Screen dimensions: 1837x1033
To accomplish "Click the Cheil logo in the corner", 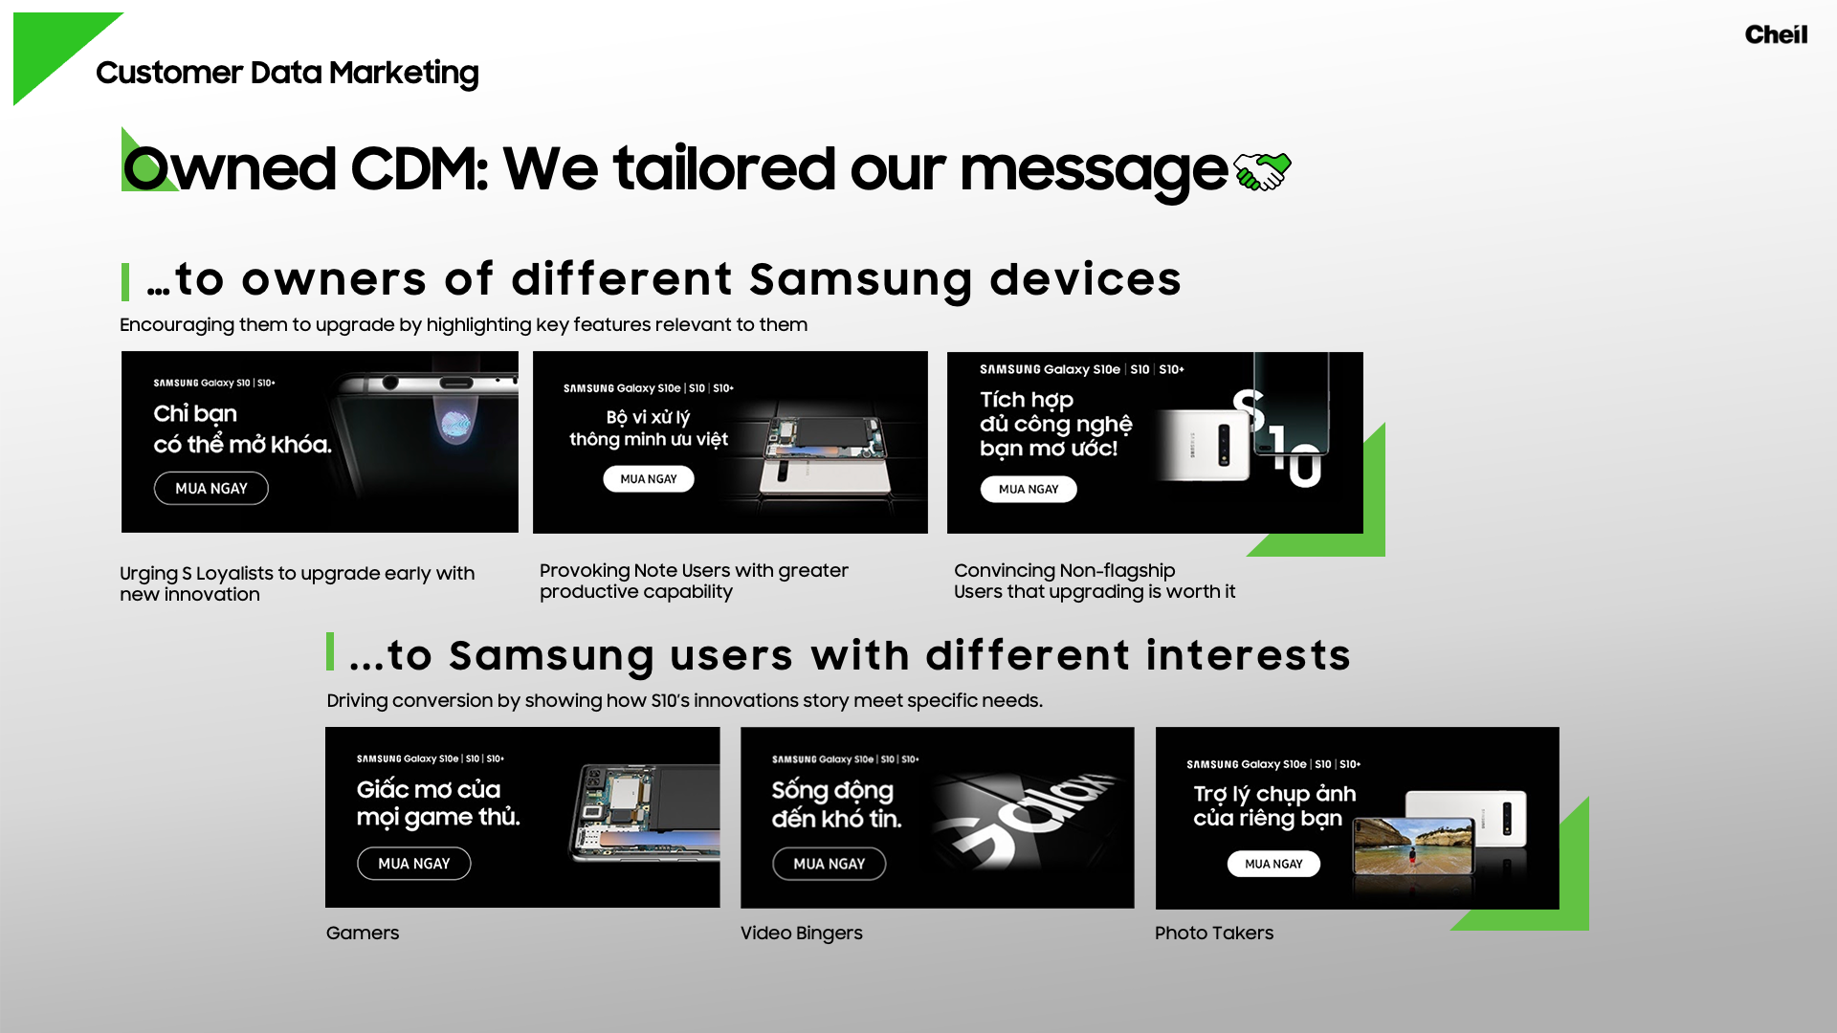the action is pos(1776,34).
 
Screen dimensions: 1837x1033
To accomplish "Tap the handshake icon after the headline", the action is pos(1262,171).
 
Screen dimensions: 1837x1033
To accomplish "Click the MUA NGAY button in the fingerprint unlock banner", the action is pos(211,489).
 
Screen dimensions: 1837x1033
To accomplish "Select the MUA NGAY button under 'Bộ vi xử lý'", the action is pos(649,479).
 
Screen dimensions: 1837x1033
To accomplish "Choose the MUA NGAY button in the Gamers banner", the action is pos(414,864).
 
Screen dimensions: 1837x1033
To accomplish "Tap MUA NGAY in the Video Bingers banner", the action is pos(830,864).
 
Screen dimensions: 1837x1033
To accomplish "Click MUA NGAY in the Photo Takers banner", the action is pos(1273,864).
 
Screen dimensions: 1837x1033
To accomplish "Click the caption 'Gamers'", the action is pos(363,934).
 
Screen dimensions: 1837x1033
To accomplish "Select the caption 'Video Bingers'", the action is pos(802,934).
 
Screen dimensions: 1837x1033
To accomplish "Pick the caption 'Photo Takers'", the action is pos(1214,934).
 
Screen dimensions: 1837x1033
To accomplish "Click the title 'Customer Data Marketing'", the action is pos(287,74).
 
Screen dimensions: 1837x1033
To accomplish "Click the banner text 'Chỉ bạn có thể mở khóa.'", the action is pos(243,429).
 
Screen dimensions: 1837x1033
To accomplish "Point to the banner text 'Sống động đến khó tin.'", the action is pos(837,804).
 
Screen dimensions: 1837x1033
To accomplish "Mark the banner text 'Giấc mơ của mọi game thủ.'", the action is pos(438,802).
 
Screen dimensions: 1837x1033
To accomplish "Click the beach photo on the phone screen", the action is pos(1414,846).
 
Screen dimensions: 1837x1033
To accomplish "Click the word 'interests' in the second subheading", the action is pos(1249,656).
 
